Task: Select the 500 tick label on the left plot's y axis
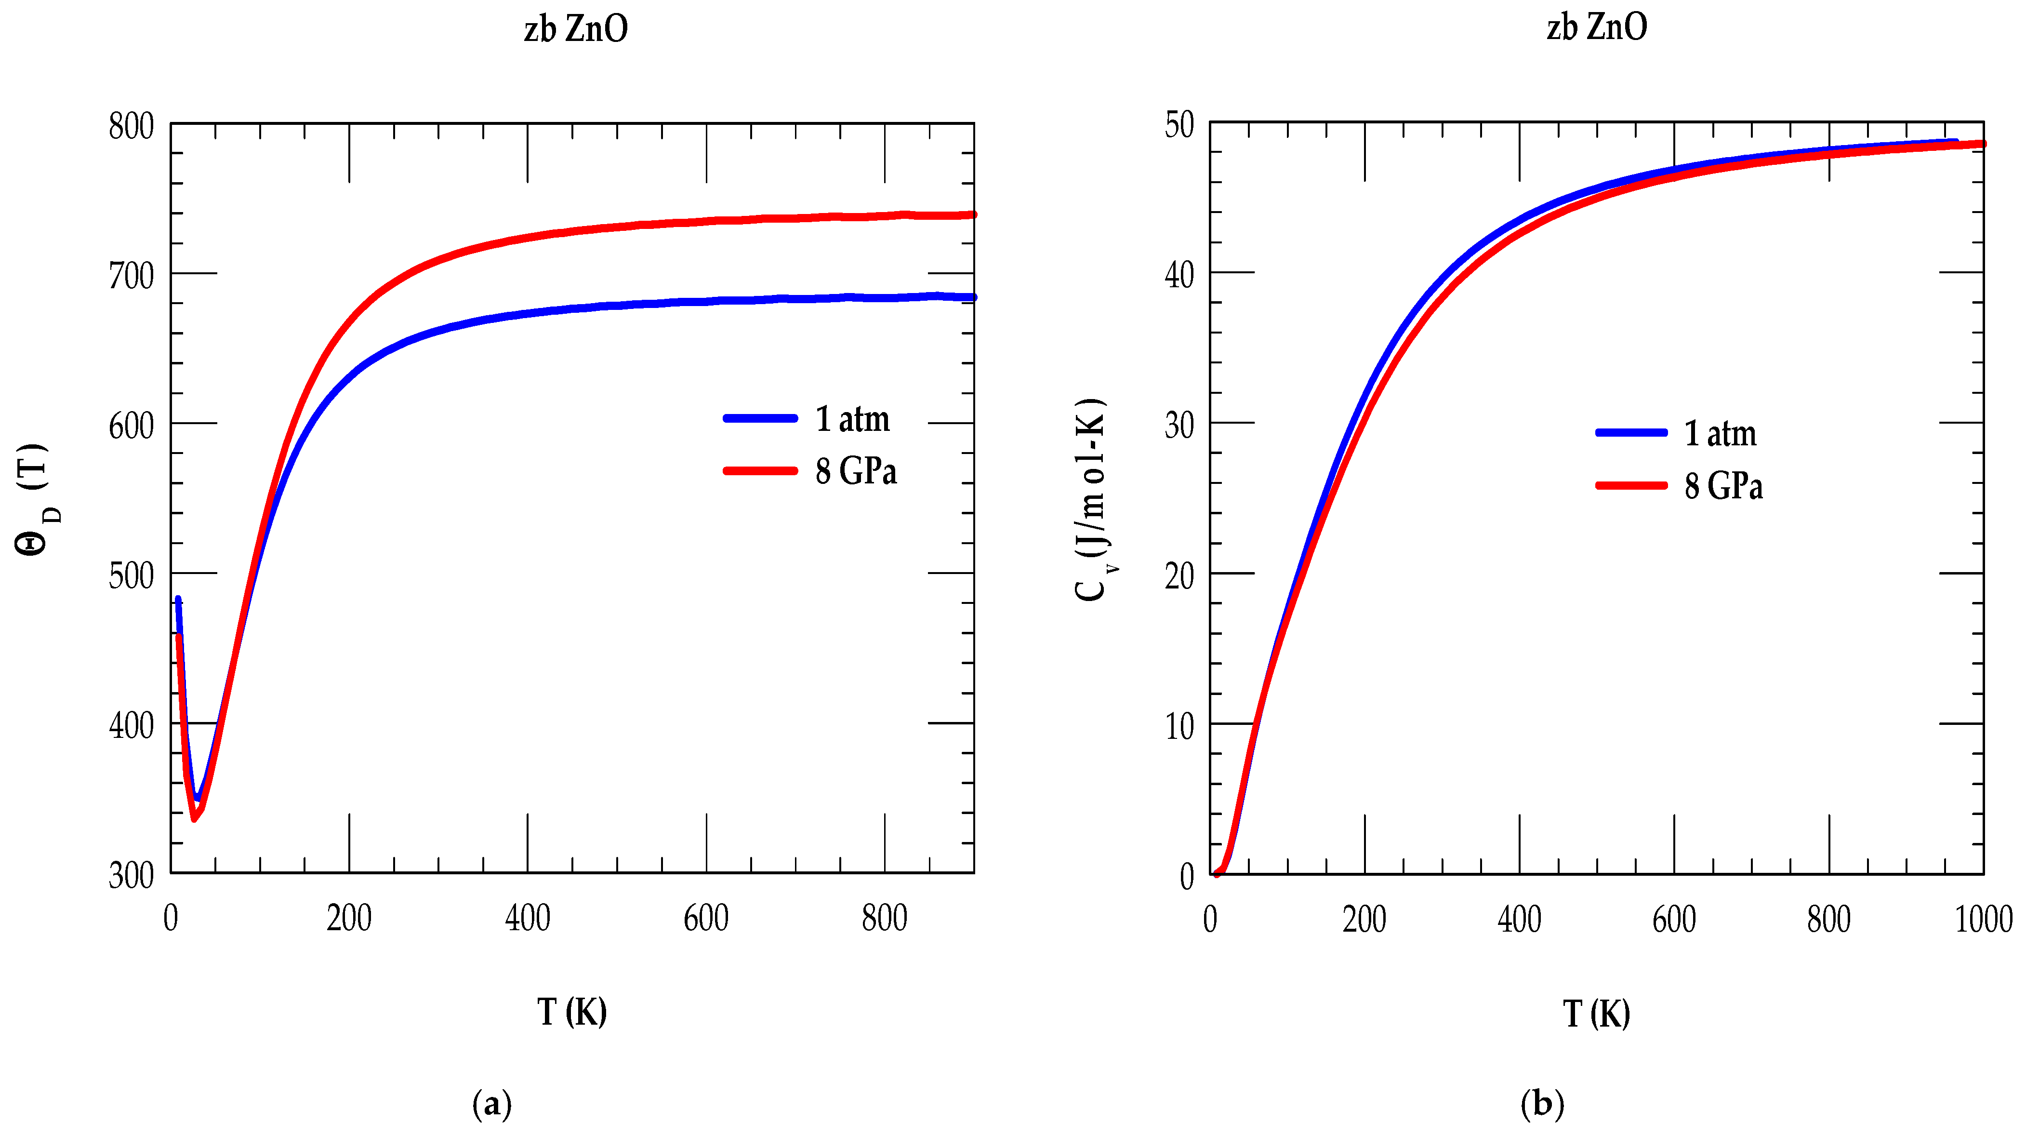(x=132, y=576)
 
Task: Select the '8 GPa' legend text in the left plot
(x=856, y=471)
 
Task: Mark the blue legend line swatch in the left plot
(x=760, y=418)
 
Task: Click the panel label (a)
(x=491, y=1105)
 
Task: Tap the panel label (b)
(x=1541, y=1105)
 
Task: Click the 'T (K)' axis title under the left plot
(x=572, y=1012)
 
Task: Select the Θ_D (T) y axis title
(x=35, y=499)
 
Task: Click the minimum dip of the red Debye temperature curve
(x=194, y=819)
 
